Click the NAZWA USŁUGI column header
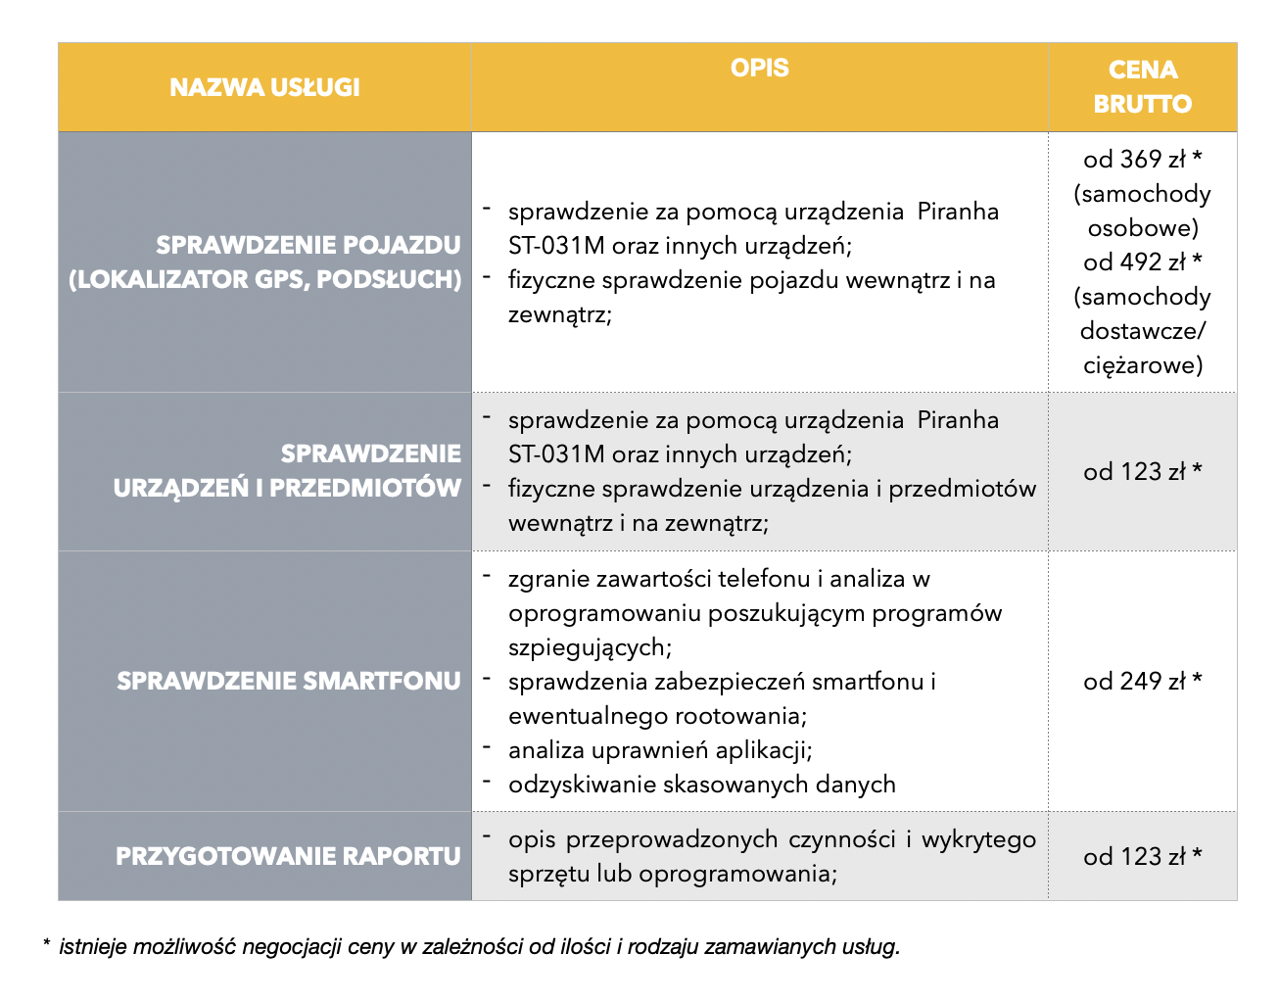264,87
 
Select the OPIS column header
759,68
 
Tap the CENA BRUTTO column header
1142,86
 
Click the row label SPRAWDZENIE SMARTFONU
289,681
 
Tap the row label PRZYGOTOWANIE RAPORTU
288,856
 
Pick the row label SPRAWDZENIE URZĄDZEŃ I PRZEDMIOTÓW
287,471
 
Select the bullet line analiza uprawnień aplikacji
660,750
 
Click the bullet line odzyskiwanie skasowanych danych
701,785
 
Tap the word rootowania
743,716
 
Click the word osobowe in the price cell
1142,228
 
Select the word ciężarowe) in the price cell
1142,365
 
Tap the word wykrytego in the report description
978,839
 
